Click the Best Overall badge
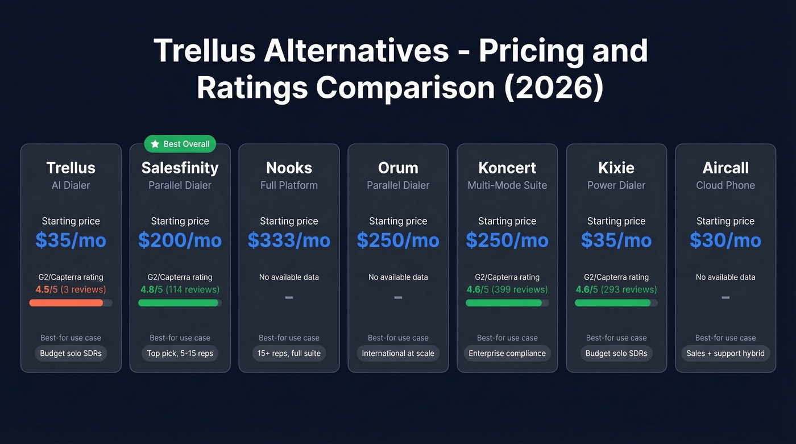180,144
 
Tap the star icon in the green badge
155,144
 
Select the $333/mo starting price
289,240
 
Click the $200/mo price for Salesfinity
180,240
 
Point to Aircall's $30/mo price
725,240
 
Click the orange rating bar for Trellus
67,303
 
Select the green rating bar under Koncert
504,303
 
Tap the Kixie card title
616,168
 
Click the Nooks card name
289,168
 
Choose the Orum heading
398,168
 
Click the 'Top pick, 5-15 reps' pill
180,353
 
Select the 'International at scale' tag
398,353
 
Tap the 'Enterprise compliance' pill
507,353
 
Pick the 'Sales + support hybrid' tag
725,353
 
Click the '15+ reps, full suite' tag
289,353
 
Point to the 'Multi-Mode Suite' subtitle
507,185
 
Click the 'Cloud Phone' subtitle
725,185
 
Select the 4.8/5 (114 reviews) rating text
180,289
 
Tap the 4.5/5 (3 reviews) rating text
71,289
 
